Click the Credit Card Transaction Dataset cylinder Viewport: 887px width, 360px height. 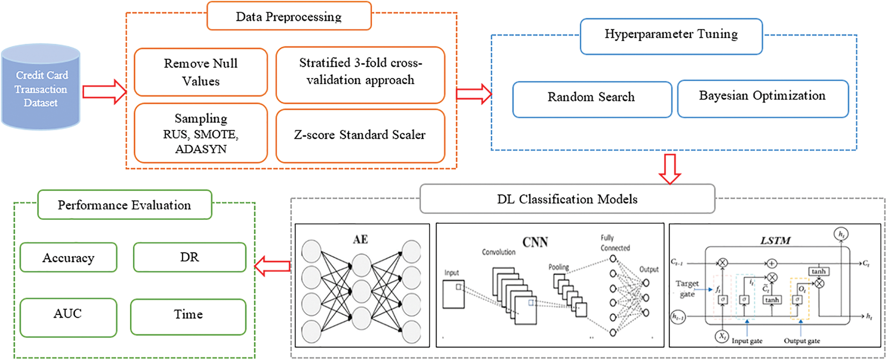(x=41, y=88)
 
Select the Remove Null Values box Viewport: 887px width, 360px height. (x=201, y=72)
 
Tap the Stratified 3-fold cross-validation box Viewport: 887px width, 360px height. (x=360, y=74)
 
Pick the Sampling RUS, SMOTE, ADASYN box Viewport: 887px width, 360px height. (x=201, y=133)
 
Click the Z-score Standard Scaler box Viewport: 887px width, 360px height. (x=360, y=135)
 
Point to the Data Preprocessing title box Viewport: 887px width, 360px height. (x=289, y=16)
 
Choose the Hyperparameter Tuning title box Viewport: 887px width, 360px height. (x=671, y=35)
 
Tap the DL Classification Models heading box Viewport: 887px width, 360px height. (x=567, y=199)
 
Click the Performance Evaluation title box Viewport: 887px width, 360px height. (x=124, y=205)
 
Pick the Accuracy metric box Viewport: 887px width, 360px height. (x=68, y=257)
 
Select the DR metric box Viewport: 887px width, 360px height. (x=190, y=257)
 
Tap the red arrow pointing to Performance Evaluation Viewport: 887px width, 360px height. (x=272, y=266)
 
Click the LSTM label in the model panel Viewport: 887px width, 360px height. (x=776, y=240)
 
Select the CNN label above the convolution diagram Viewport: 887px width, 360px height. (x=535, y=242)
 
